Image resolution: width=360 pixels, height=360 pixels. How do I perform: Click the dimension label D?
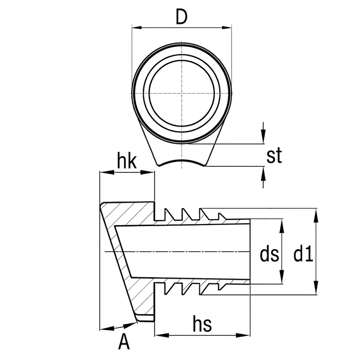pyautogui.click(x=181, y=17)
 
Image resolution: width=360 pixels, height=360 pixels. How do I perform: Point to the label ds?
pyautogui.click(x=269, y=255)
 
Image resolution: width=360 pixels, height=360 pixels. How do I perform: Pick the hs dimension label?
pyautogui.click(x=202, y=323)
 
